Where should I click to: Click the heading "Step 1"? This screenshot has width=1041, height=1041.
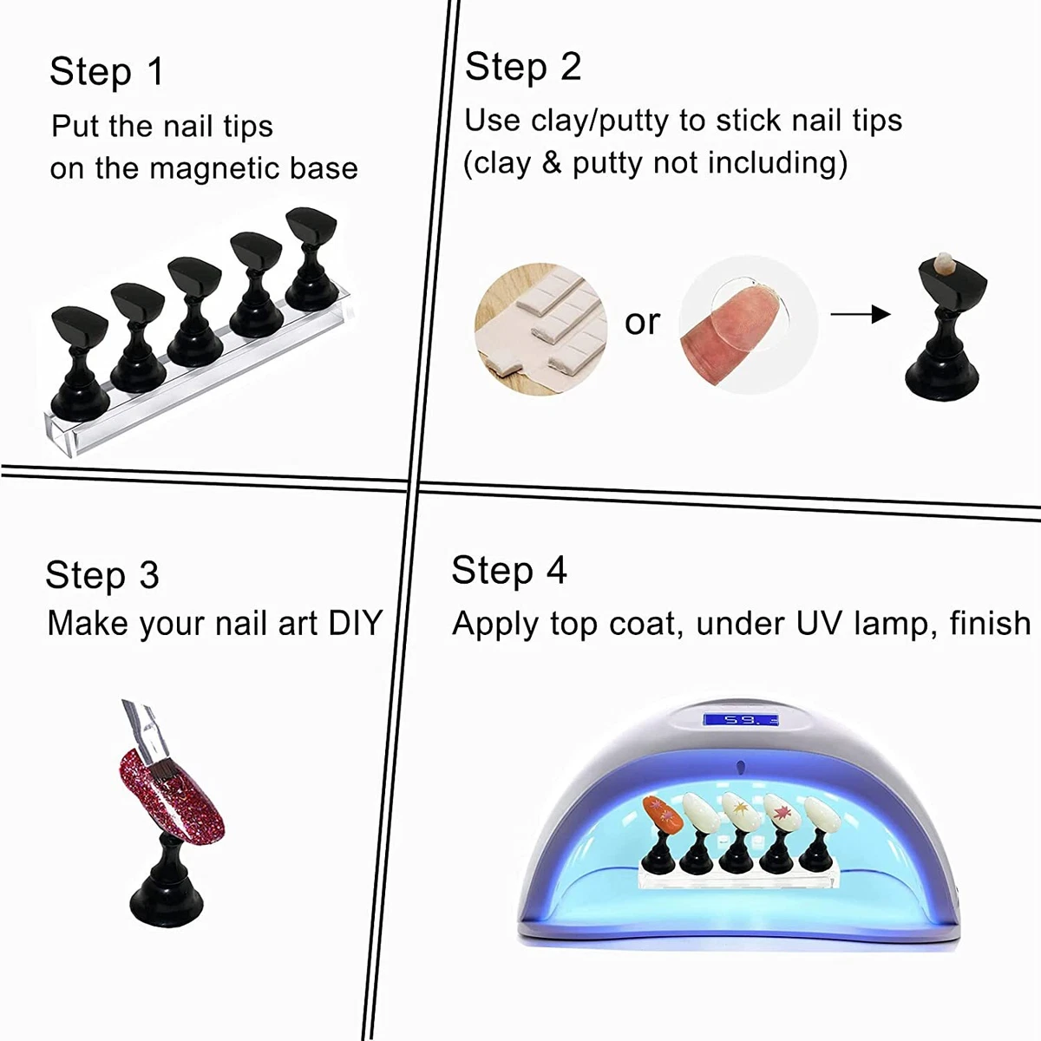tap(106, 71)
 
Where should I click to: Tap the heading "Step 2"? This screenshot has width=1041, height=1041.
tap(522, 67)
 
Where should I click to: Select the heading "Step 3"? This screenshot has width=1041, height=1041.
tap(101, 575)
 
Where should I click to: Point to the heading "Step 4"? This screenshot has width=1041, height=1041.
tap(508, 571)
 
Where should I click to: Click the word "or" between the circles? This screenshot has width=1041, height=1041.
tap(642, 322)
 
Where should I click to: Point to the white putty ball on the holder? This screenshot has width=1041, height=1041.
tap(940, 261)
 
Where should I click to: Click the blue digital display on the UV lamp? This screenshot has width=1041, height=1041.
tap(740, 720)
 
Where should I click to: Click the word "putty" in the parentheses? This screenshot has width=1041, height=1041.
tap(607, 163)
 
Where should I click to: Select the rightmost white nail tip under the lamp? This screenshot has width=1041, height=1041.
tap(818, 816)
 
